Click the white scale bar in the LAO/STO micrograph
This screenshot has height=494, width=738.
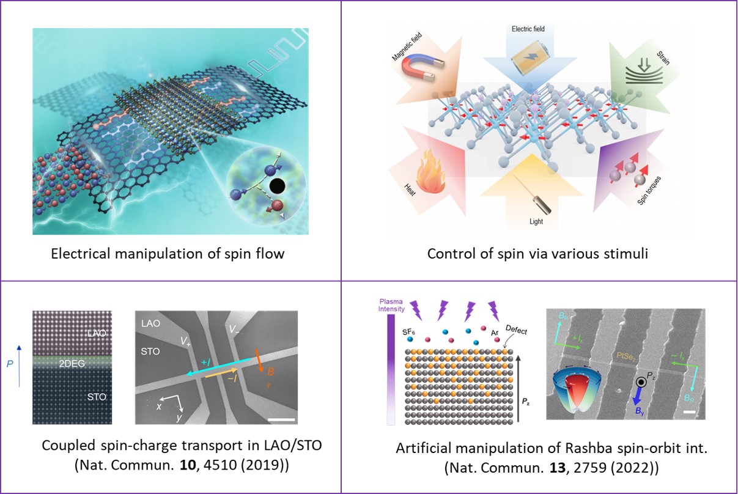click(282, 419)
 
